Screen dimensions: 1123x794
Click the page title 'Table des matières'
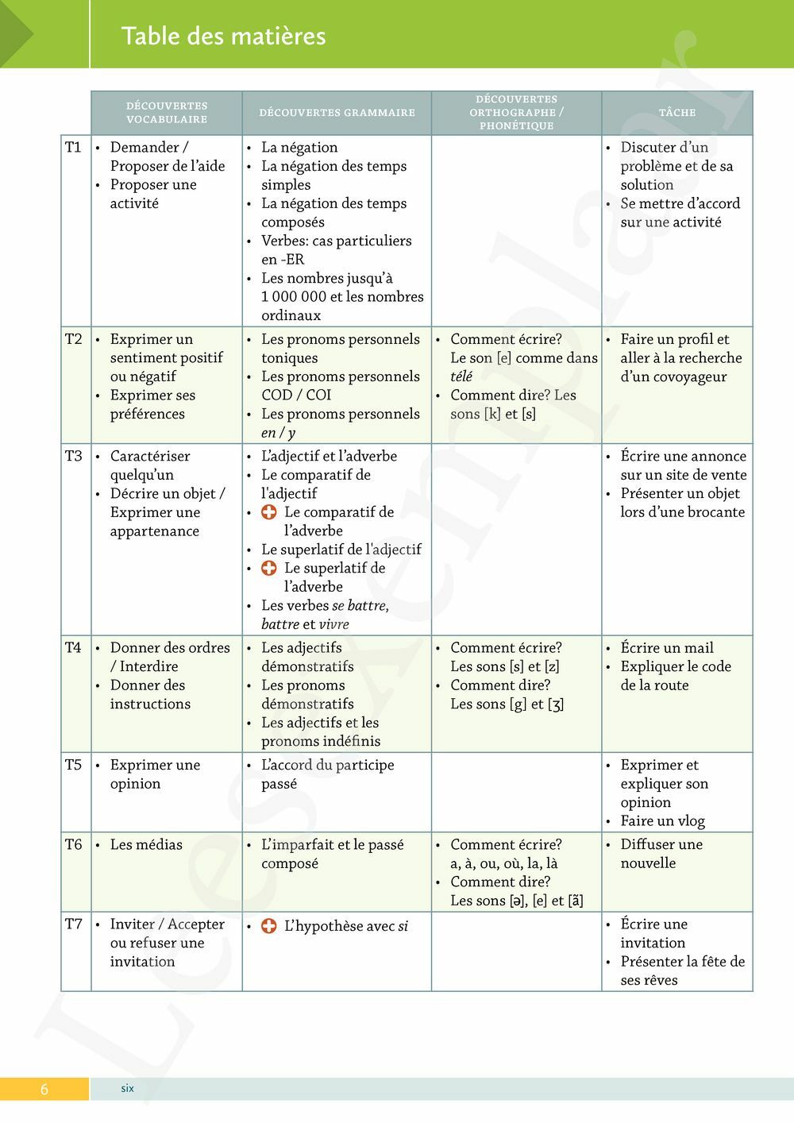click(x=223, y=36)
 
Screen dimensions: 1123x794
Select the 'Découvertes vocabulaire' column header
click(x=167, y=112)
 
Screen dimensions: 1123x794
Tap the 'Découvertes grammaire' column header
click(x=337, y=113)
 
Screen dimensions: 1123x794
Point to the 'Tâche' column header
click(x=677, y=113)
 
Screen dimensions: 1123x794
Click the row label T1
click(x=73, y=147)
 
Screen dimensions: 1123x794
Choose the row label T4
click(x=73, y=647)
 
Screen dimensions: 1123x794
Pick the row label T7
click(x=73, y=924)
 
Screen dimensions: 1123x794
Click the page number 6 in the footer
click(x=44, y=1089)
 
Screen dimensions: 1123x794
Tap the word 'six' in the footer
click(x=127, y=1088)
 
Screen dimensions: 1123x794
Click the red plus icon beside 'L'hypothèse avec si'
click(x=269, y=925)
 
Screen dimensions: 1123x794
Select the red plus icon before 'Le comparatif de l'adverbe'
click(x=269, y=512)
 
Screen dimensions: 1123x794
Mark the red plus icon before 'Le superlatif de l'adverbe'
click(x=269, y=568)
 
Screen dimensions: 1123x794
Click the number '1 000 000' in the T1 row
click(x=293, y=296)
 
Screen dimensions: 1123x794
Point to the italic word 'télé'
click(x=461, y=376)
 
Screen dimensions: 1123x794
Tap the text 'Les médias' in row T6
click(x=146, y=844)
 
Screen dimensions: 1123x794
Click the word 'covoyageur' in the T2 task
click(x=673, y=376)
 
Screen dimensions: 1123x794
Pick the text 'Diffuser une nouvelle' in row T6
click(x=661, y=854)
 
